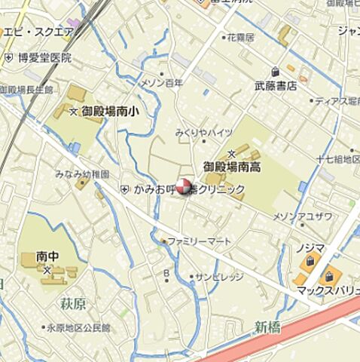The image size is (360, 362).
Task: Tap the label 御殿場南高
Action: [231, 167]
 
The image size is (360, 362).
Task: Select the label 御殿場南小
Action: [110, 112]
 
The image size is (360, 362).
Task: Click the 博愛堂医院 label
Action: [44, 57]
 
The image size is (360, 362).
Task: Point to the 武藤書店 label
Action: [276, 86]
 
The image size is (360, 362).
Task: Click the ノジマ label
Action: [310, 247]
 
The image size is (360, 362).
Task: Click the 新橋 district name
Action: [267, 326]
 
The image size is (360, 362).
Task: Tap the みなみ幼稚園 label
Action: [82, 173]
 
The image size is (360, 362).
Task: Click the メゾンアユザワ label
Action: [301, 216]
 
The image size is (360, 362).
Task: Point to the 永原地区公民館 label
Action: [78, 328]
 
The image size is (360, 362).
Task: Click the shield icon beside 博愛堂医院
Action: [8, 57]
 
